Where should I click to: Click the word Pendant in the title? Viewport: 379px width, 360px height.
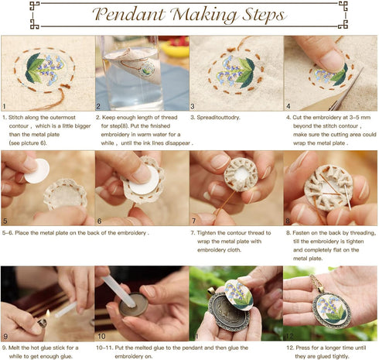128,14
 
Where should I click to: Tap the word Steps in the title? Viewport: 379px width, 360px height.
264,15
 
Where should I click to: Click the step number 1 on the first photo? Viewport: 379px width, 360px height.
4,106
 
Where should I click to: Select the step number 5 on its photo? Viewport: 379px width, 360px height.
5,221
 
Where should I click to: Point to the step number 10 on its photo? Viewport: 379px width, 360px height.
101,336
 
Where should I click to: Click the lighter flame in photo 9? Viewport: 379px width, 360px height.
47,313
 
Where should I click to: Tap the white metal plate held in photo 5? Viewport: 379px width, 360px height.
37,171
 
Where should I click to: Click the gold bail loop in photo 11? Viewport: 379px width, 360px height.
211,290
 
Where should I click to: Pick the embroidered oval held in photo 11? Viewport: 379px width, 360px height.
238,295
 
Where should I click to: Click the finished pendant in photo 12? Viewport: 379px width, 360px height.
332,310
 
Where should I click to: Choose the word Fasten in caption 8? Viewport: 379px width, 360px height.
301,233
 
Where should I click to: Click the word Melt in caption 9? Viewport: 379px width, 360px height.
13,348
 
